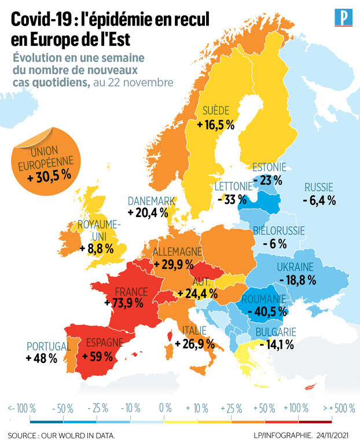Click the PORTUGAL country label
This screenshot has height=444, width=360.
point(48,346)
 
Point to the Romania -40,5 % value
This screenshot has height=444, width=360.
point(267,311)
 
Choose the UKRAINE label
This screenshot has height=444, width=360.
point(295,267)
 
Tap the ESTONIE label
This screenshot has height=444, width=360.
point(269,168)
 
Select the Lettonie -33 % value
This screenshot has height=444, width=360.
point(232,199)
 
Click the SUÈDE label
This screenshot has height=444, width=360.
point(216,111)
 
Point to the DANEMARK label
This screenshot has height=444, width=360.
point(152,200)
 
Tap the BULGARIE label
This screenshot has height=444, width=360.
point(275,332)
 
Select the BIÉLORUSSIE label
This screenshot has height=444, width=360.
point(279,231)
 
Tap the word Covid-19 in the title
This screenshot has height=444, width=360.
point(39,20)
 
